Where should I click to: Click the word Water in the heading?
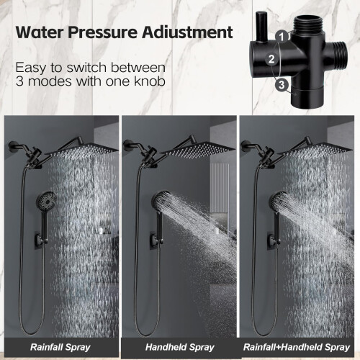coord(40,32)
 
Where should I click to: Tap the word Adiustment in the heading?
coord(187,32)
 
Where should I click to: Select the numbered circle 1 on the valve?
coord(282,37)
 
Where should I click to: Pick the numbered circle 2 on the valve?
coord(271,59)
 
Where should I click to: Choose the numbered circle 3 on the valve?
coord(282,85)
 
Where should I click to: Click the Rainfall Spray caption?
coord(60,347)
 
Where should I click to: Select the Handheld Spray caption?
coord(180,347)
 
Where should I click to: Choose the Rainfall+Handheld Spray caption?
coord(297,347)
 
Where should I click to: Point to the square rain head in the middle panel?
coord(197,150)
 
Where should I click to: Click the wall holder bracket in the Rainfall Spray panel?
coord(41,240)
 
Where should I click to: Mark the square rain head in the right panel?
coord(315,150)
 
